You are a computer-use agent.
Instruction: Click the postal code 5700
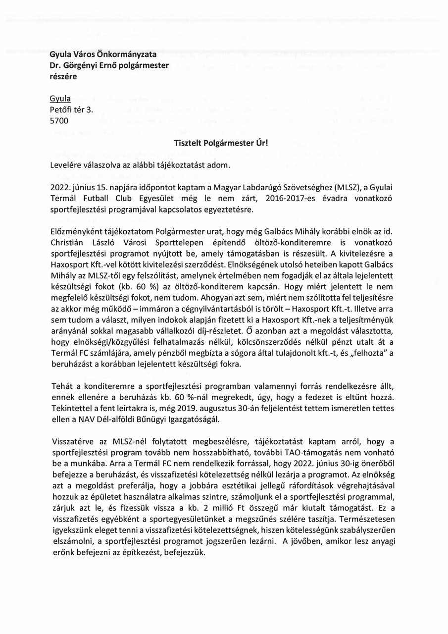pyautogui.click(x=59, y=120)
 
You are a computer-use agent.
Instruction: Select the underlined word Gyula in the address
pyautogui.click(x=60, y=99)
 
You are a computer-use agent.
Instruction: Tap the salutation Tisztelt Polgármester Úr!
pyautogui.click(x=221, y=143)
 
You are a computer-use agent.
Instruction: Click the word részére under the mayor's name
pyautogui.click(x=63, y=76)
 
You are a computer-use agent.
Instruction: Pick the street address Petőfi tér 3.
pyautogui.click(x=71, y=109)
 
